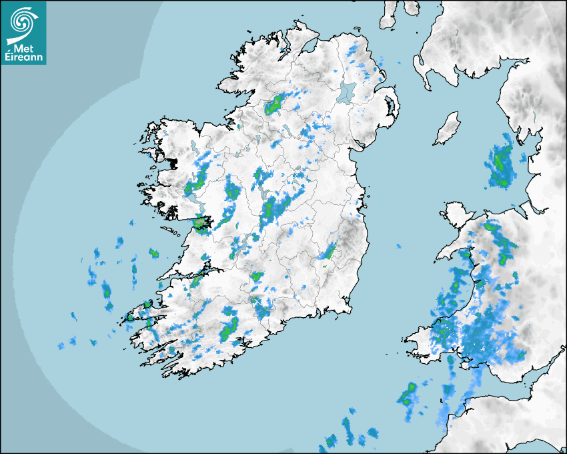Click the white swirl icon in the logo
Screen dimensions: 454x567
click(x=23, y=23)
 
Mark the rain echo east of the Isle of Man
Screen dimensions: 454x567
click(x=501, y=162)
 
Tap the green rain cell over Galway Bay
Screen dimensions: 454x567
click(x=200, y=223)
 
